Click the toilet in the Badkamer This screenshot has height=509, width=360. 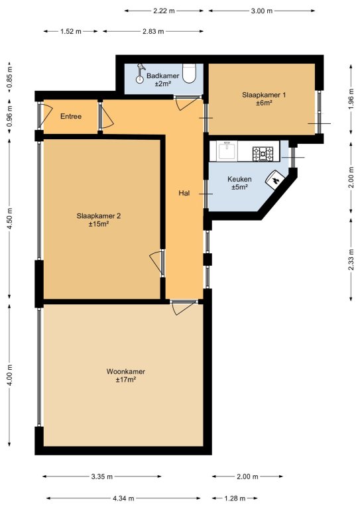(x=189, y=73)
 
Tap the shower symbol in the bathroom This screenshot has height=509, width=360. (x=141, y=74)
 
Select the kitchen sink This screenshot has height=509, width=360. (x=227, y=151)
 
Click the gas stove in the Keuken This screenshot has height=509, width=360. (x=263, y=154)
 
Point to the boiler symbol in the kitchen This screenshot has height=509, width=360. (x=275, y=180)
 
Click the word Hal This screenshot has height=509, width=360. (x=184, y=193)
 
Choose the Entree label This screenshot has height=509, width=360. (x=71, y=116)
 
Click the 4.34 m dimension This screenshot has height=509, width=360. (x=123, y=498)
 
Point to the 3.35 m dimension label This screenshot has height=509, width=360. (x=102, y=477)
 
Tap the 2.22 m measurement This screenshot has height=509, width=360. (x=164, y=11)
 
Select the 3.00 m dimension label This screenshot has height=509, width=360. (x=262, y=11)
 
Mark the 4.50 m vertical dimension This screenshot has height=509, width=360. (x=10, y=218)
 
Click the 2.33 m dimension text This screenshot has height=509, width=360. (x=351, y=259)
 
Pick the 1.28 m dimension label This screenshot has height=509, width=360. (x=235, y=498)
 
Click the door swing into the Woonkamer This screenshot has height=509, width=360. (x=184, y=308)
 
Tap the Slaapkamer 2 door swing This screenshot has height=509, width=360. (x=156, y=262)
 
